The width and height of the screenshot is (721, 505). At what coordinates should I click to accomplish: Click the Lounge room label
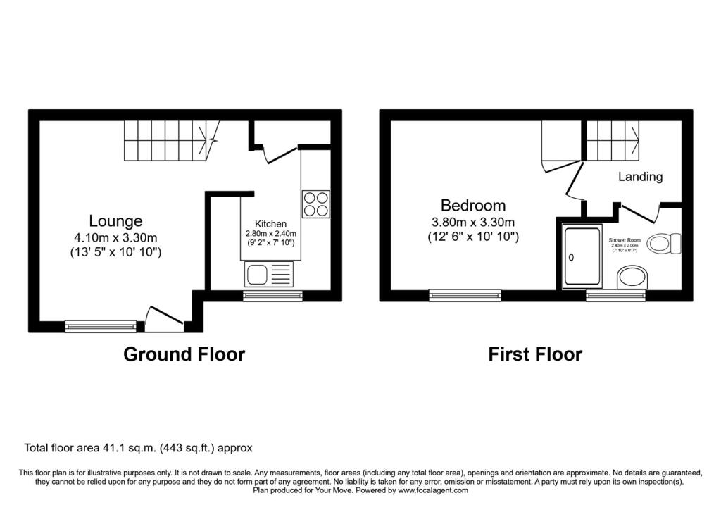point(115,220)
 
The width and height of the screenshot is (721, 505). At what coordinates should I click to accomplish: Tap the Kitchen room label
point(270,224)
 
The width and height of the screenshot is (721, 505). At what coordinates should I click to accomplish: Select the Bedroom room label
point(472,206)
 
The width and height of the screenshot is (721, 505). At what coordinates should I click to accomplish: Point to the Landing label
point(640,177)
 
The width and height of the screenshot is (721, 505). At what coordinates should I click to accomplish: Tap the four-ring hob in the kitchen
point(315,203)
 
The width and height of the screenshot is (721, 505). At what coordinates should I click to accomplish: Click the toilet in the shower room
point(664,244)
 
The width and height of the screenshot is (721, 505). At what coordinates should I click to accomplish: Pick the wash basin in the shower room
point(632,278)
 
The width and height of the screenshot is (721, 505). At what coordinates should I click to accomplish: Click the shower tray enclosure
point(582,256)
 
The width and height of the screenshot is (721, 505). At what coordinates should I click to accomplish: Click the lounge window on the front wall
point(100,325)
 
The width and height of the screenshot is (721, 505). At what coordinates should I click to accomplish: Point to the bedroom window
point(465,295)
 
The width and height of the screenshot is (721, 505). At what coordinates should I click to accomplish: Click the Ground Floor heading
point(184,354)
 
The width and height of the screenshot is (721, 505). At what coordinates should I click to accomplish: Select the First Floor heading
point(535,354)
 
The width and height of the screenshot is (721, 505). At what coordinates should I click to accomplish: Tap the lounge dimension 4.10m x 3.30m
point(116,237)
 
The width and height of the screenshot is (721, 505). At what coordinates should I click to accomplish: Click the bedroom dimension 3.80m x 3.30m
point(473,222)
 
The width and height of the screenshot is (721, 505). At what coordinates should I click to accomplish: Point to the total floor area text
point(138,447)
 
